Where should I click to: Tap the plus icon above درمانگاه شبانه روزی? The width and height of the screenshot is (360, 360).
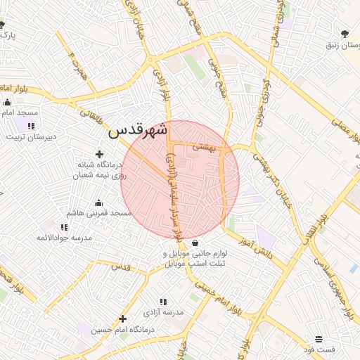(x=99, y=154)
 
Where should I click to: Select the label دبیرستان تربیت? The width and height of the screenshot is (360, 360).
(x=31, y=136)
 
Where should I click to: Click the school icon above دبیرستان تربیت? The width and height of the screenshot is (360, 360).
(x=31, y=126)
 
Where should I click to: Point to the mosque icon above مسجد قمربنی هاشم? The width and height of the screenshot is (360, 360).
(x=99, y=202)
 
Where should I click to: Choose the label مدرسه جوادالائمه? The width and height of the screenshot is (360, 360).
(x=65, y=238)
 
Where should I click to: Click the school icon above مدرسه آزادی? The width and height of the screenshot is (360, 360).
(x=164, y=301)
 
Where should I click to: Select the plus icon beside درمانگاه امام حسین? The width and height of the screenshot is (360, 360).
(x=122, y=319)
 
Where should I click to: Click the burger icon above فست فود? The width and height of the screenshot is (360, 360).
(x=319, y=339)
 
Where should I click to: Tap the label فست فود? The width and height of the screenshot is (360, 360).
(x=319, y=349)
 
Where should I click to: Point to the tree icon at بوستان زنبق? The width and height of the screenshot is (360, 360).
(x=344, y=34)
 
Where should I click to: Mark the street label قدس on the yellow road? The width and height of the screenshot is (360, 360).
(x=122, y=267)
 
